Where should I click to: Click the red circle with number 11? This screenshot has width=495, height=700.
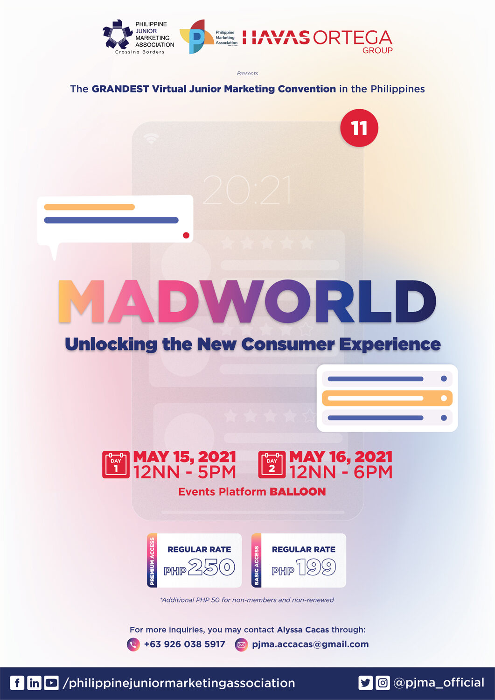[x=359, y=128]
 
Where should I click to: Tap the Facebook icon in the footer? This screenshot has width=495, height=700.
[x=17, y=683]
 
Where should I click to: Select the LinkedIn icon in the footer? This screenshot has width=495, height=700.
[x=34, y=683]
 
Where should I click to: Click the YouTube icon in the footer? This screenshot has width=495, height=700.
[x=51, y=683]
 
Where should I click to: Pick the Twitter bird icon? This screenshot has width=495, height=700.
[x=366, y=683]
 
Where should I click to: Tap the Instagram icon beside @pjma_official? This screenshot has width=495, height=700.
[x=383, y=683]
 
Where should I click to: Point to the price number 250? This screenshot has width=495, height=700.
[x=211, y=567]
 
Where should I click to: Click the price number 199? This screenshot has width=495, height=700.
[x=316, y=567]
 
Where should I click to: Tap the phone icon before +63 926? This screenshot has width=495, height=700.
[x=133, y=644]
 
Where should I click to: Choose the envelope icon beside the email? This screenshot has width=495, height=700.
[x=241, y=644]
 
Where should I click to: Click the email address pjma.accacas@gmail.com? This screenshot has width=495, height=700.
[x=310, y=644]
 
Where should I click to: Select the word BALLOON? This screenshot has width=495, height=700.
[x=298, y=491]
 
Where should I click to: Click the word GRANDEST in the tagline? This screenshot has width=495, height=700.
[x=120, y=89]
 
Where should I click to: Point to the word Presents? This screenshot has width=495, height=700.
[x=247, y=73]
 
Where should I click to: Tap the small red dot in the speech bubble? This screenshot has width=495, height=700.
[x=186, y=235]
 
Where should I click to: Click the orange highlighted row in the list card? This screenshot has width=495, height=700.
[x=387, y=398]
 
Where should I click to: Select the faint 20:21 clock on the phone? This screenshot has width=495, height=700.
[x=247, y=189]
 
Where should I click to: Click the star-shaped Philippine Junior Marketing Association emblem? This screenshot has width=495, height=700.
[x=118, y=34]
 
